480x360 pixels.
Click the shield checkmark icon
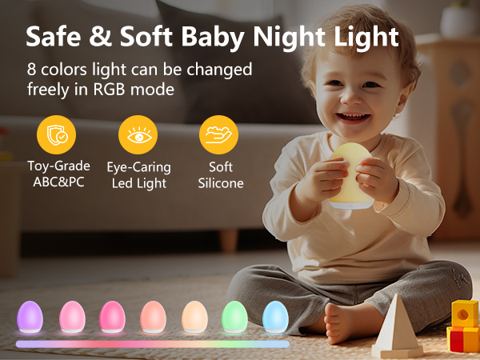(x=56, y=135)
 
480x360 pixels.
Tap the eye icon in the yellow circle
(x=138, y=135)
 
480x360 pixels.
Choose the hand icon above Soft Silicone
(x=218, y=135)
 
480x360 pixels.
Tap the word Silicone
(x=220, y=183)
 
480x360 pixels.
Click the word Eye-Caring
(x=138, y=167)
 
